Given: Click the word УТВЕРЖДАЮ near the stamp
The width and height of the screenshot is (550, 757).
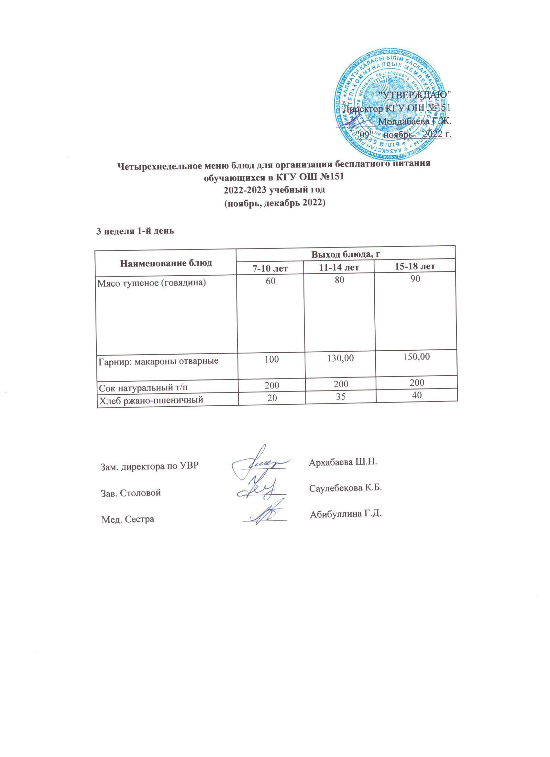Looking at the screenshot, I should (x=415, y=94).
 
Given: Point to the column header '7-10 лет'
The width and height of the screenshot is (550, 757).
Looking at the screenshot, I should (x=270, y=267).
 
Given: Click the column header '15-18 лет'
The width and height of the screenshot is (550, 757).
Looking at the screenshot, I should (x=414, y=266).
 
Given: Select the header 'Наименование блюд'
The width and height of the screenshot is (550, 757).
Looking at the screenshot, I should (x=166, y=263).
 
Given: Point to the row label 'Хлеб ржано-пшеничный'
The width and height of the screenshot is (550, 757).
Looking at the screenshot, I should (x=150, y=400).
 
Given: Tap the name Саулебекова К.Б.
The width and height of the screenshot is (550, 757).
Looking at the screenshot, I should (x=346, y=488).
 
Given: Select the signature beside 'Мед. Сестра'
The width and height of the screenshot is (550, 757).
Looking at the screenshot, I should (x=265, y=516).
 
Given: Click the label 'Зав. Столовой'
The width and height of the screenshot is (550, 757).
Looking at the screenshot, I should (x=131, y=492).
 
